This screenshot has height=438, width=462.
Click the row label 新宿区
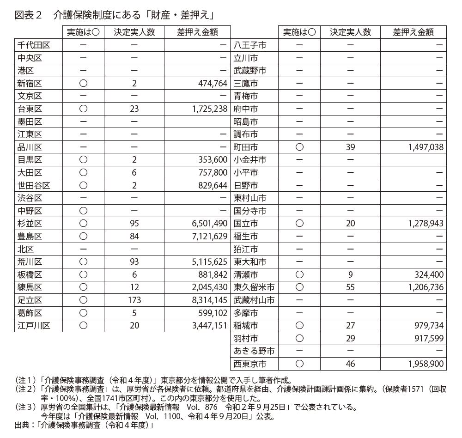[x=30, y=84]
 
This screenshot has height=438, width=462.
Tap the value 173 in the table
[x=134, y=300]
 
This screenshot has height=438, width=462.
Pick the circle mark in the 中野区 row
[x=83, y=211]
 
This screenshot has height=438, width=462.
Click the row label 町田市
[x=246, y=147]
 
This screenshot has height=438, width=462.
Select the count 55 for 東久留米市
[x=350, y=287]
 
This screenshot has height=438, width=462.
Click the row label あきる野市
[x=254, y=351]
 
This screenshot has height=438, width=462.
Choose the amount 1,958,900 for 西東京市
[x=426, y=364]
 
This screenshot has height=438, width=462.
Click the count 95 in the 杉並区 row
[x=134, y=224]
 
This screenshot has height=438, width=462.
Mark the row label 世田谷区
[x=33, y=186]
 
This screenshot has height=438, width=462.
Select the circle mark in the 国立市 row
[x=299, y=224]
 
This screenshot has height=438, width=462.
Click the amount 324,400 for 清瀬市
[x=429, y=275]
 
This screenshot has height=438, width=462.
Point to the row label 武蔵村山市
[x=254, y=300]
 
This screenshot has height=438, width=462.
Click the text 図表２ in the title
[x=28, y=15]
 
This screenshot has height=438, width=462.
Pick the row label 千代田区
[x=33, y=45]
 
